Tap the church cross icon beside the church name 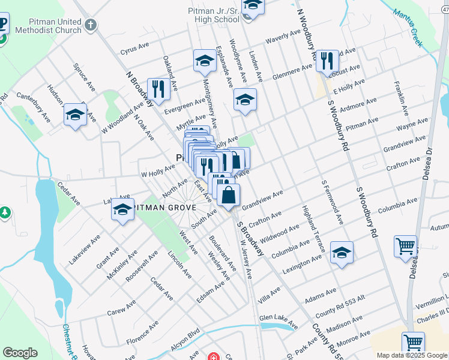pos(91,25)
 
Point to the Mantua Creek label pos(408,28)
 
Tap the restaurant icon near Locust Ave pos(327,61)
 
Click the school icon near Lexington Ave pos(342,252)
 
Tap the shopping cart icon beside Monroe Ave pos(413,343)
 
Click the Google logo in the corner pos(20,352)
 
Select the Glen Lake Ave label pos(278,321)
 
